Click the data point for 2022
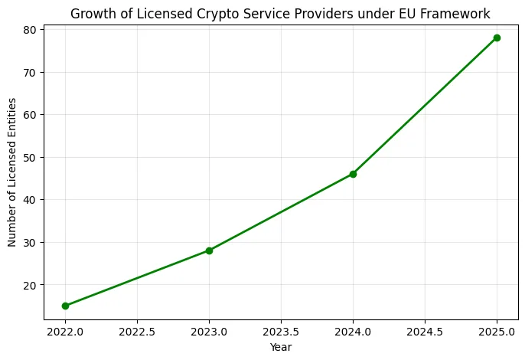pos(65,306)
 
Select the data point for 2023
pos(209,250)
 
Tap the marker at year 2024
pos(353,174)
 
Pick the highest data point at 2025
pos(497,38)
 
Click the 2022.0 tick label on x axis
pos(65,332)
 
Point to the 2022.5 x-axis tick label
pos(137,332)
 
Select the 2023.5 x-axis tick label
pos(281,332)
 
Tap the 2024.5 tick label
pos(425,332)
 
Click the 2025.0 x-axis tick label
pos(497,332)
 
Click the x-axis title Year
pos(281,347)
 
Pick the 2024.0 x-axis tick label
pos(353,332)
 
